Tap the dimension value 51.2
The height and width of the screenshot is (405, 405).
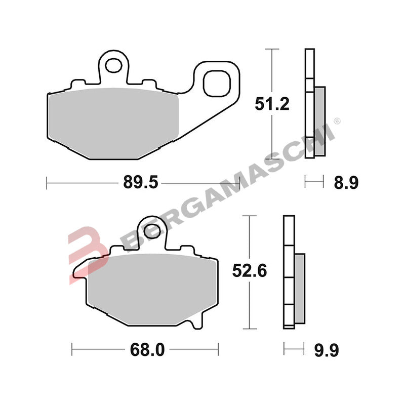[x=271, y=105]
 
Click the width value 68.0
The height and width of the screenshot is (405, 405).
[x=146, y=349]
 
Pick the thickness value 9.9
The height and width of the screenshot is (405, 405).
[x=326, y=349]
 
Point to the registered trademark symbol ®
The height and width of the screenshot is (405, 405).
[x=338, y=121]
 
